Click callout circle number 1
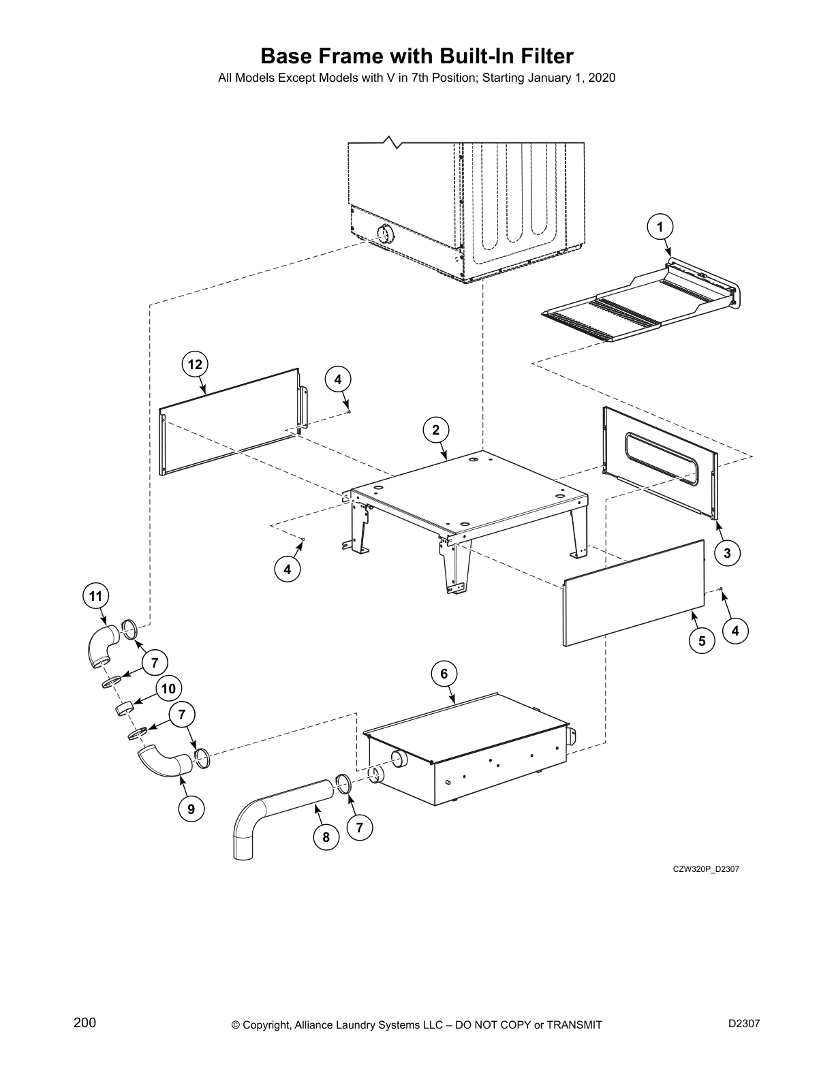click(660, 227)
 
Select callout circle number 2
click(436, 429)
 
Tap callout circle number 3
click(727, 553)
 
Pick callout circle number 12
click(195, 364)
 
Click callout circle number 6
click(444, 674)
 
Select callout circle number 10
click(168, 689)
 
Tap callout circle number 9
click(191, 809)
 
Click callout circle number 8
click(326, 837)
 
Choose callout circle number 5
click(702, 640)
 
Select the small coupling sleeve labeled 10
click(123, 710)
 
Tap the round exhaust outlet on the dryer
click(386, 234)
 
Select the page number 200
click(84, 1022)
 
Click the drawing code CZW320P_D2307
click(706, 869)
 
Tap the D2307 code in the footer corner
click(743, 1023)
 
